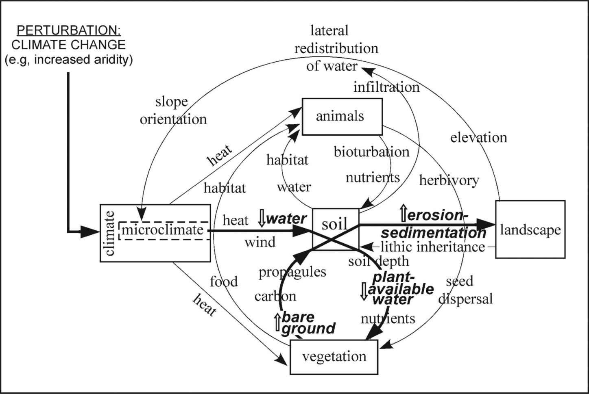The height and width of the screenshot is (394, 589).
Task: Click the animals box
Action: pos(342,117)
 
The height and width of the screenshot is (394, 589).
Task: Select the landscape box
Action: pos(530,229)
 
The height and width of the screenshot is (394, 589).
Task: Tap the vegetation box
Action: pos(334,357)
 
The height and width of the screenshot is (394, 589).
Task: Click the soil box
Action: pos(335,224)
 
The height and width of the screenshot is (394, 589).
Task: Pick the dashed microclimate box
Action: pos(163,230)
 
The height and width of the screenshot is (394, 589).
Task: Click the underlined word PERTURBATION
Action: pos(69,30)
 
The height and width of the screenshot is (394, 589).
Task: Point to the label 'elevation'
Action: pos(478,137)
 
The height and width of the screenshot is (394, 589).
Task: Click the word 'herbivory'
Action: pos(449,180)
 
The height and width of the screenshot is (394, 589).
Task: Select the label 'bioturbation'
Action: pos(371,152)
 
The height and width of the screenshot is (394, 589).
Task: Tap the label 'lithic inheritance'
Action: pos(432,247)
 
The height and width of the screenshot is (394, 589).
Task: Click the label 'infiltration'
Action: pos(386,87)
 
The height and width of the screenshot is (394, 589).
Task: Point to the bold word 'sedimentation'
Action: pos(434,233)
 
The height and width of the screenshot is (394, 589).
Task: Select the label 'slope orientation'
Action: pos(173,110)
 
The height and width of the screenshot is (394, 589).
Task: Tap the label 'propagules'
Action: pos(292,271)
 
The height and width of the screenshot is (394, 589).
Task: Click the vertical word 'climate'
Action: pos(109,233)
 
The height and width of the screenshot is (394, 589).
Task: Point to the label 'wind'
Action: pos(260,242)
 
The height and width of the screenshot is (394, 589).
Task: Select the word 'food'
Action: pos(224,281)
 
